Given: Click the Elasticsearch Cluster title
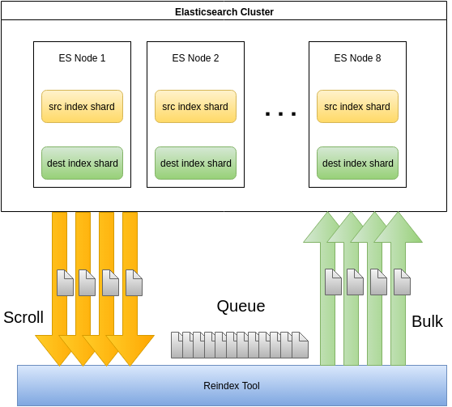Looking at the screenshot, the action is coord(224,12).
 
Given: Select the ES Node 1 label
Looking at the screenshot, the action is coord(82,58).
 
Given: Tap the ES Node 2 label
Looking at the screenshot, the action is coord(195,58).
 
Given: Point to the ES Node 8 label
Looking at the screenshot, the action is coord(357,58).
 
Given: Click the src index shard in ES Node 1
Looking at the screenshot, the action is coord(82,106).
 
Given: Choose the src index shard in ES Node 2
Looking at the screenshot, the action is coord(195,106).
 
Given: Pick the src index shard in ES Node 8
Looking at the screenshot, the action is coord(357,106).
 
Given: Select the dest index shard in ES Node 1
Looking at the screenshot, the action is coord(82,163).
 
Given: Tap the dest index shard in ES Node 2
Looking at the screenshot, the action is coord(195,163).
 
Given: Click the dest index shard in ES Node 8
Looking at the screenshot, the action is coord(357,163).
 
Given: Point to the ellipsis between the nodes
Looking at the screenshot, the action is coord(280,114).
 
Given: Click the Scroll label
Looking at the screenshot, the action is coord(23,317).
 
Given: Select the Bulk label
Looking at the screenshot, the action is coord(427,321).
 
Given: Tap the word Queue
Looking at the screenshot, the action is coord(241,306).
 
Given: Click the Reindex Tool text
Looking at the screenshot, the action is coord(232,386).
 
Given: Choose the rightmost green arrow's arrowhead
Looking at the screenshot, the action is coord(398,227).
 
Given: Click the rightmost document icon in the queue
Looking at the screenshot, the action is coord(300,345).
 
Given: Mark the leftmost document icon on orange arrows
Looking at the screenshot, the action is coord(65,282).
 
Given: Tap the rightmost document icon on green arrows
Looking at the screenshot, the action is coord(402,282).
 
